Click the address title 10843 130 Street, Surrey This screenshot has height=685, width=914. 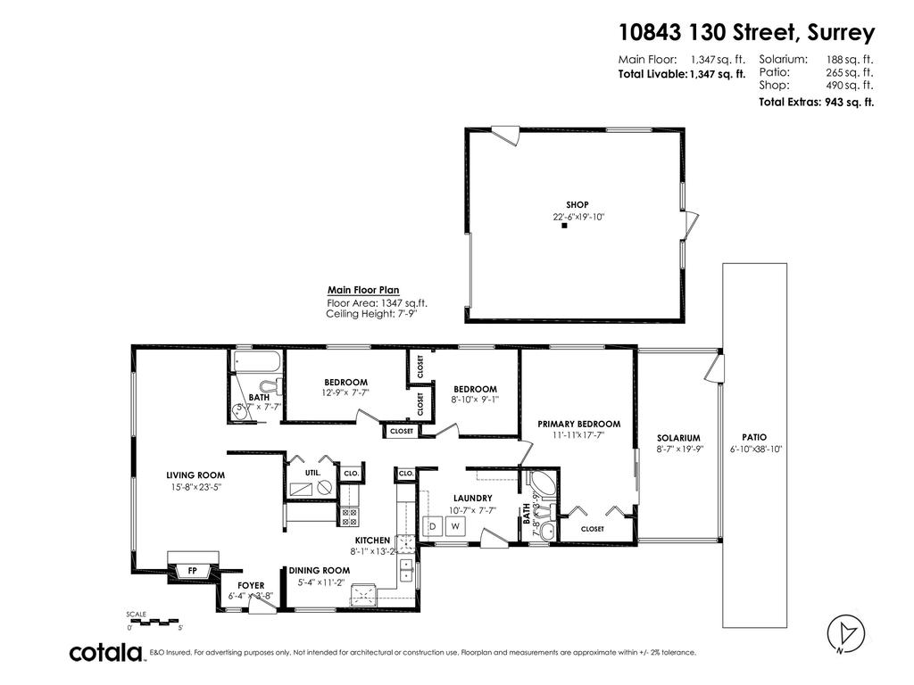tap(746, 33)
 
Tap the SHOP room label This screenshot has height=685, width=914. tap(577, 205)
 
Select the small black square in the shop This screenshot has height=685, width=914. tap(565, 227)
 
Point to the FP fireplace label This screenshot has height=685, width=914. tap(192, 571)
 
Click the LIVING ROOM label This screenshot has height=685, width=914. tap(195, 475)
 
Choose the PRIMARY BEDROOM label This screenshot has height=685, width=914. tap(578, 424)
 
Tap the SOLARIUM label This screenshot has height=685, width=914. tap(678, 438)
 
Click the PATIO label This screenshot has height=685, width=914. tap(754, 437)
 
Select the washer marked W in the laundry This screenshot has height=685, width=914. tap(454, 526)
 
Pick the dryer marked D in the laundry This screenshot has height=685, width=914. tap(433, 526)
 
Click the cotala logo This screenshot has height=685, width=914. tap(107, 653)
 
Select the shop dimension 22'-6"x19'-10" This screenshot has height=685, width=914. tap(578, 217)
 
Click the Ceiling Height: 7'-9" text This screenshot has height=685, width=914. tap(371, 314)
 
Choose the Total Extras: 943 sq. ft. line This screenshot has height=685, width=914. tap(816, 103)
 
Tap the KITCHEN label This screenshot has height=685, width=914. tap(372, 541)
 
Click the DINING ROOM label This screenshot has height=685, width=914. tap(319, 570)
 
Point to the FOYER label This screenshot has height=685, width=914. tap(250, 585)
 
